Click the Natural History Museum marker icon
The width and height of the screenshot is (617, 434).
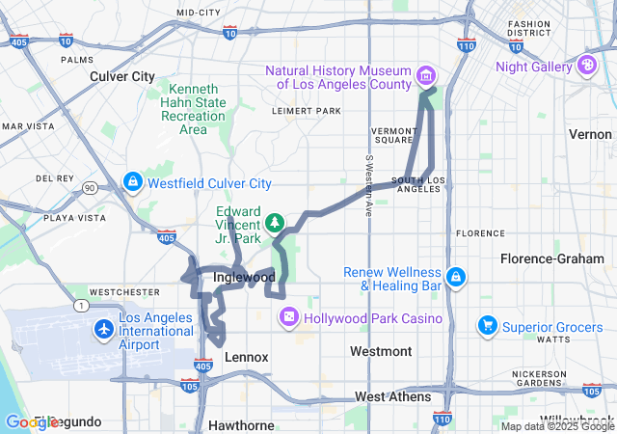[x=425, y=75]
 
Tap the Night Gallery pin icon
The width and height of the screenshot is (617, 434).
[x=586, y=66]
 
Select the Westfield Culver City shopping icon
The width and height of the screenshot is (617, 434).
[x=133, y=181]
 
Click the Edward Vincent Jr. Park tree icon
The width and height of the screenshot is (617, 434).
[x=276, y=223]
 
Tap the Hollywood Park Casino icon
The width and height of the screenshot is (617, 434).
[x=288, y=318]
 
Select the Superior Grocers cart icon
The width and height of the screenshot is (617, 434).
[x=488, y=327]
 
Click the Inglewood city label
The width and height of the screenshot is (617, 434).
[x=243, y=278]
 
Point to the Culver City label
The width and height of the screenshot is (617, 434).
[x=122, y=76]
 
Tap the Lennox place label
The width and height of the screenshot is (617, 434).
[x=246, y=357]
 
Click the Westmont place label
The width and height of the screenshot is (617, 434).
[x=381, y=351]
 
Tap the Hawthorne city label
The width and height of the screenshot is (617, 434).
[x=241, y=425]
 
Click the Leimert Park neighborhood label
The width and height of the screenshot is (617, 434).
[x=308, y=111]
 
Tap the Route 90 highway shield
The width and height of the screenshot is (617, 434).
[x=89, y=188]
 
